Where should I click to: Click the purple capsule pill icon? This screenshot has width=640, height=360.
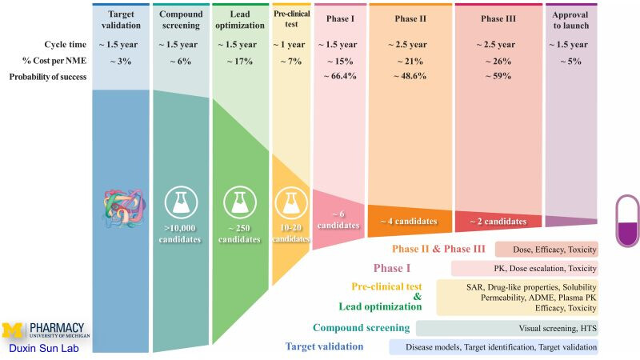628,221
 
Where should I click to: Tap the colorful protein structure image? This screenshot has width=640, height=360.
124,208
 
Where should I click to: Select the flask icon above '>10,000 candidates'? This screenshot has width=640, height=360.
182,202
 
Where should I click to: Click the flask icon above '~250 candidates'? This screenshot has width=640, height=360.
240,202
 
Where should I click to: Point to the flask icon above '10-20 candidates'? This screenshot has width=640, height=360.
291,202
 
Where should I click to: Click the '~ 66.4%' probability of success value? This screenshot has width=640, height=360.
341,76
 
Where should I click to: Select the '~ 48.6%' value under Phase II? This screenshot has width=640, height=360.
410,76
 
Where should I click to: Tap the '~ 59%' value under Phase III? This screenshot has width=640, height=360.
498,76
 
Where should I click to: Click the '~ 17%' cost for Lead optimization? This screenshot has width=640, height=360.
240,62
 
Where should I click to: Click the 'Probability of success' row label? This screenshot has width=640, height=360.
48,77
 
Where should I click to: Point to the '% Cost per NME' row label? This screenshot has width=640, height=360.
54,61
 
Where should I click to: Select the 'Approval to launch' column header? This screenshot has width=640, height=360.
570,20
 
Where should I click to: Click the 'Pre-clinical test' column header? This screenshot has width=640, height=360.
291,18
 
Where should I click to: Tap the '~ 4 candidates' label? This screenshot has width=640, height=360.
409,222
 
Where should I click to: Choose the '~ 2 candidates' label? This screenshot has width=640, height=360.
498,222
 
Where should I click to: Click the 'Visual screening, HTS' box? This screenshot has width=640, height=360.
507,328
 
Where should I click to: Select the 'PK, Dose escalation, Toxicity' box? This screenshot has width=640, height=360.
525,269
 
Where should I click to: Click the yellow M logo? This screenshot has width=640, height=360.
13,330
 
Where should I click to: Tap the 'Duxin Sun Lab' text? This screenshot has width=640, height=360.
44,348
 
